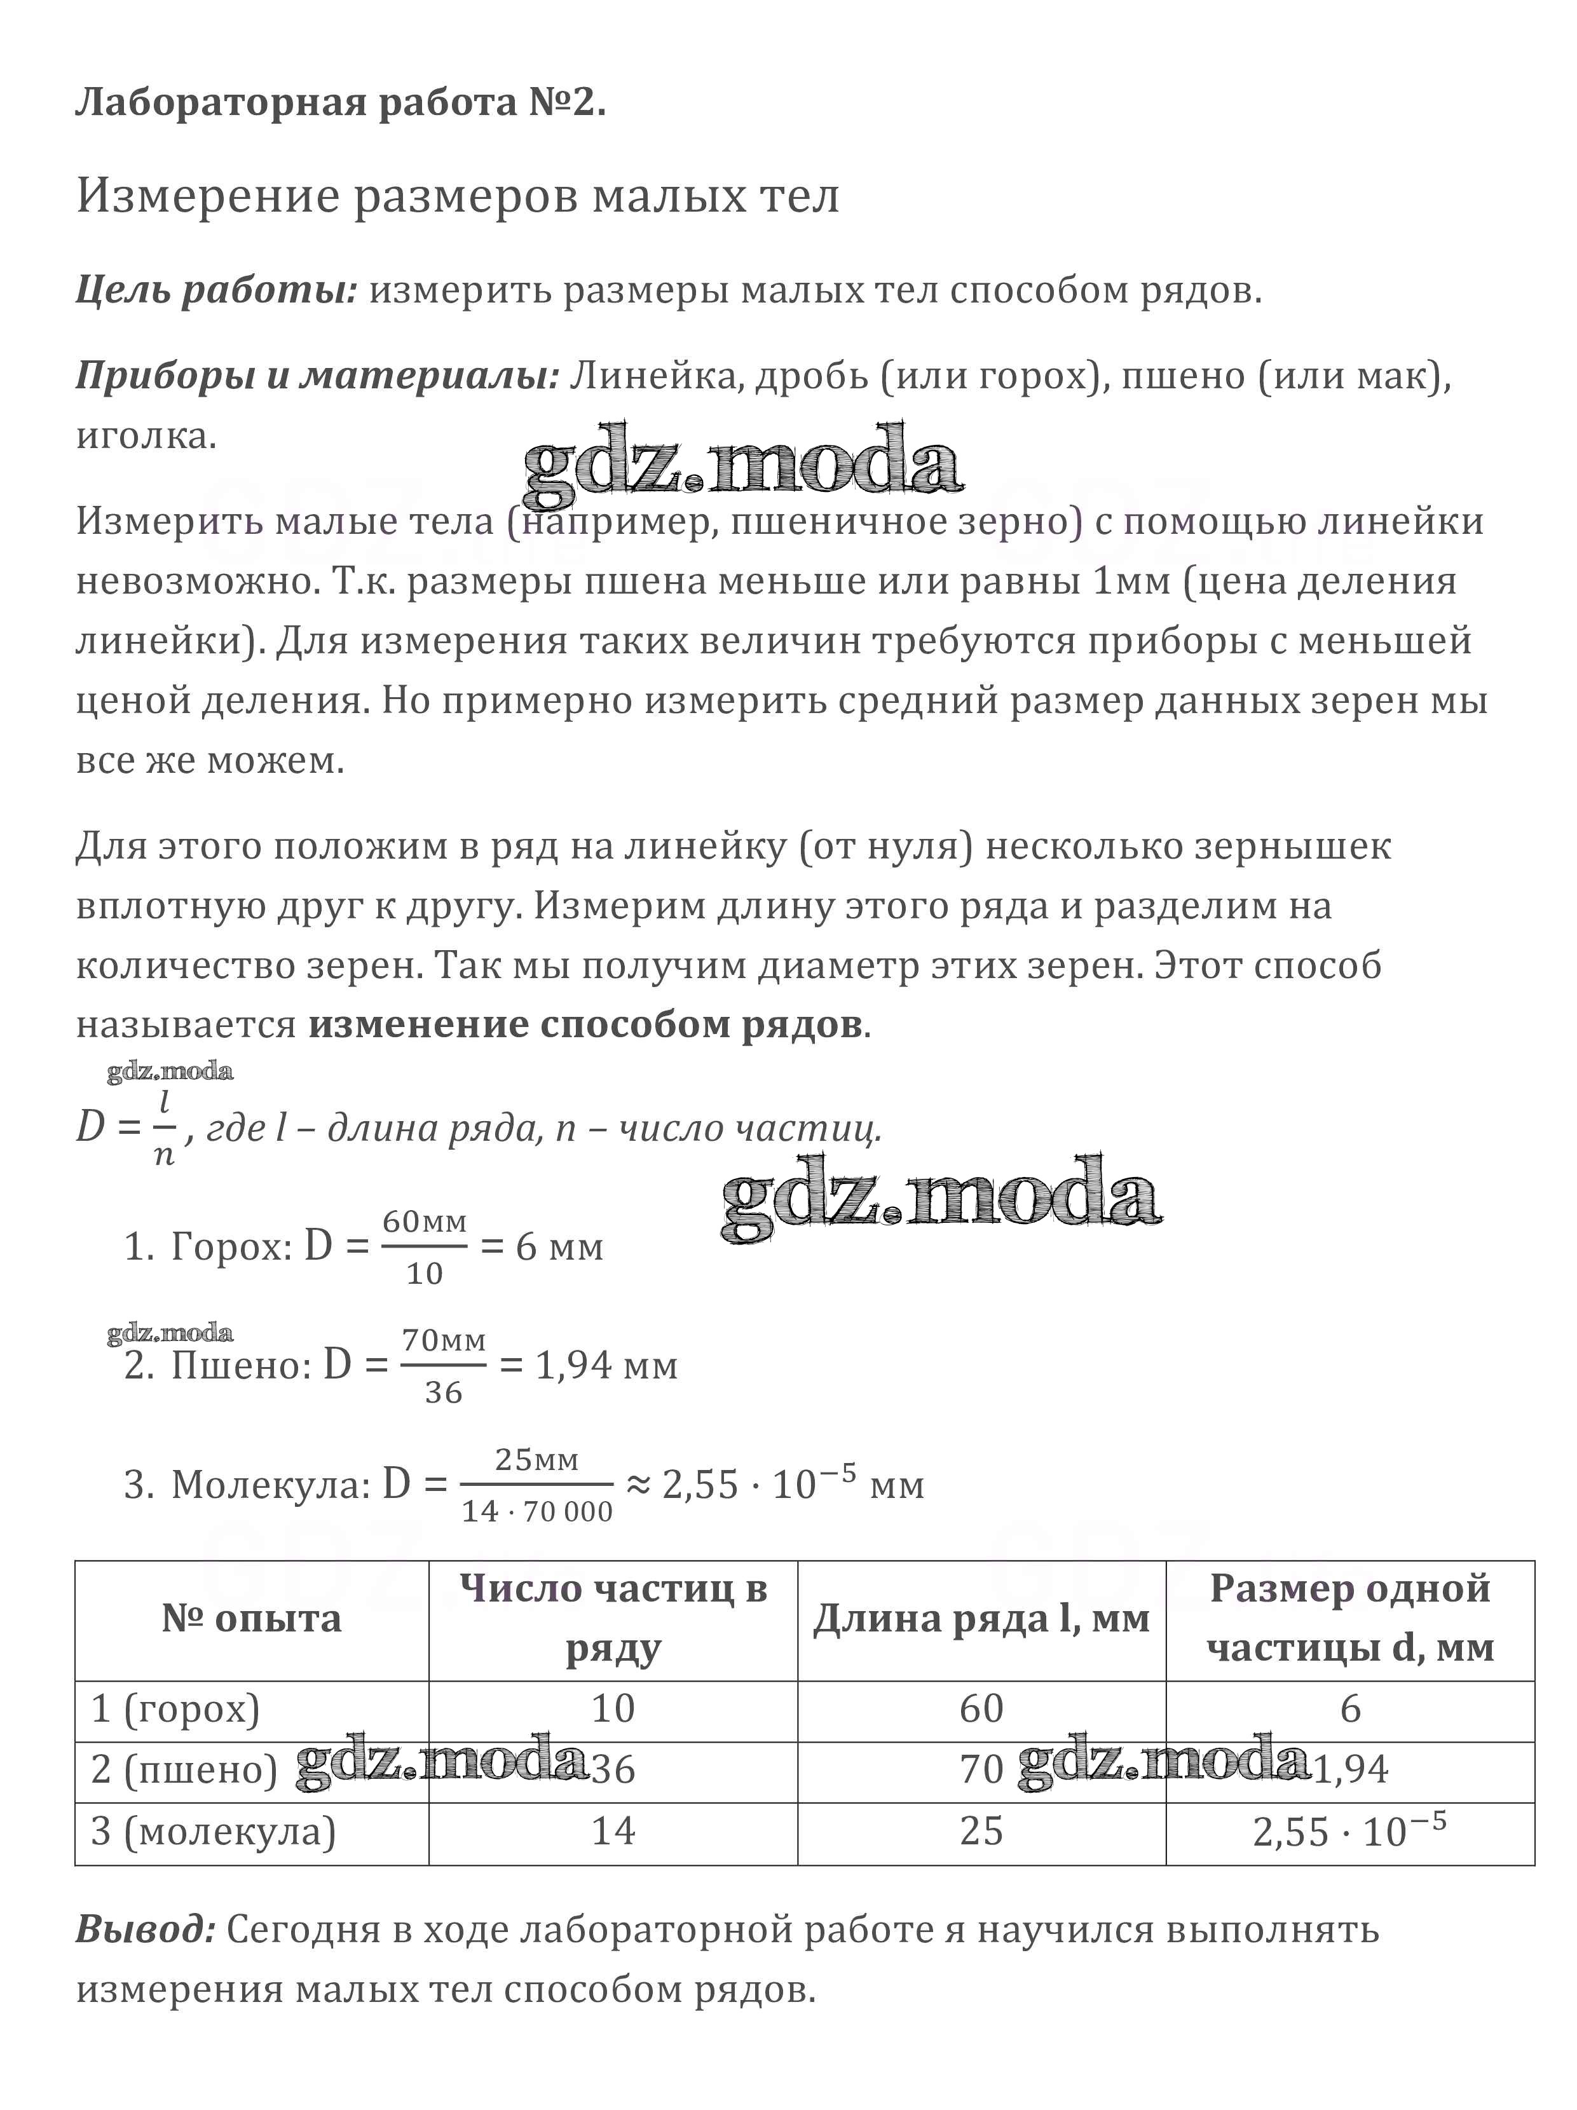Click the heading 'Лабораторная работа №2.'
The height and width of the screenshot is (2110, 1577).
[341, 102]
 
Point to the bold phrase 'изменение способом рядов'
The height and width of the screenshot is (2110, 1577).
[585, 1024]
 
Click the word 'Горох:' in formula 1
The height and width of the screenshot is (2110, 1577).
[232, 1247]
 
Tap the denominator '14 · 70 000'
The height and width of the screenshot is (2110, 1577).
[537, 1511]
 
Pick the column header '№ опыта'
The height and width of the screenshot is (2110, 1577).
[252, 1619]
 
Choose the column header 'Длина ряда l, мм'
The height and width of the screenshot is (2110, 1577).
[981, 1619]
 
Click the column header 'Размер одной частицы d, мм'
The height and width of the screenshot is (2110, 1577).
[1350, 1619]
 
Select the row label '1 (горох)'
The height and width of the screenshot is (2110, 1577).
[175, 1708]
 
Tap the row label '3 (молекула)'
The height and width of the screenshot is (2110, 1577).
[214, 1830]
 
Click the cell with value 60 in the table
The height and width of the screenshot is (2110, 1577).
[981, 1708]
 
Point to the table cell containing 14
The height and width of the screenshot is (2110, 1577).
[613, 1830]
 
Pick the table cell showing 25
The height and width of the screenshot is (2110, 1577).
[981, 1830]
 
